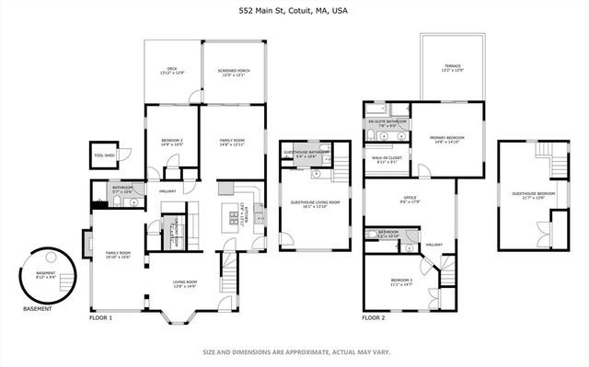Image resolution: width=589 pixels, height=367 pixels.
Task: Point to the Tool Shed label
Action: tap(104, 155)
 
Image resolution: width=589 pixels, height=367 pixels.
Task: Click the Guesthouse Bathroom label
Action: tap(306, 153)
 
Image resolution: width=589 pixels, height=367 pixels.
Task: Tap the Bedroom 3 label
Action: tap(401, 281)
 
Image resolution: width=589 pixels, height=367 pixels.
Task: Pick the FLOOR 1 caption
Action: tap(100, 317)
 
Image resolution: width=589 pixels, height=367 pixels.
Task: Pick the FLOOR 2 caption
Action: tap(373, 317)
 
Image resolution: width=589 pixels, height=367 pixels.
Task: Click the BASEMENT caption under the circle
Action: tap(38, 309)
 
